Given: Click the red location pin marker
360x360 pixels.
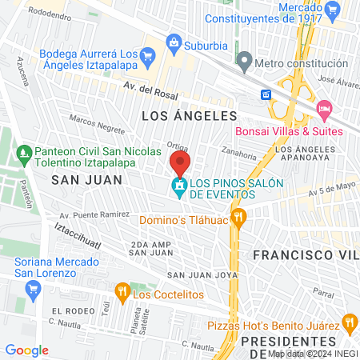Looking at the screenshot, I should tap(179, 164).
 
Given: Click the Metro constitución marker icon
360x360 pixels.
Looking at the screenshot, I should tap(245, 60).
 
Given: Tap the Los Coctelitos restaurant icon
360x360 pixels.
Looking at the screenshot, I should tap(122, 292).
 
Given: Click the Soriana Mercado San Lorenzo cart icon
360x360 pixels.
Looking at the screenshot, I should tap(33, 289).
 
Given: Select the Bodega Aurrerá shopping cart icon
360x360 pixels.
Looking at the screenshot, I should tap(146, 56).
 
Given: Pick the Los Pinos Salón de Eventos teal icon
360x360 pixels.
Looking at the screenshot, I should tap(180, 188).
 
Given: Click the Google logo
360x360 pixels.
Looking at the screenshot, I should tap(27, 350).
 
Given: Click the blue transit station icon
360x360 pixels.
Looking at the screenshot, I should tap(266, 94).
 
